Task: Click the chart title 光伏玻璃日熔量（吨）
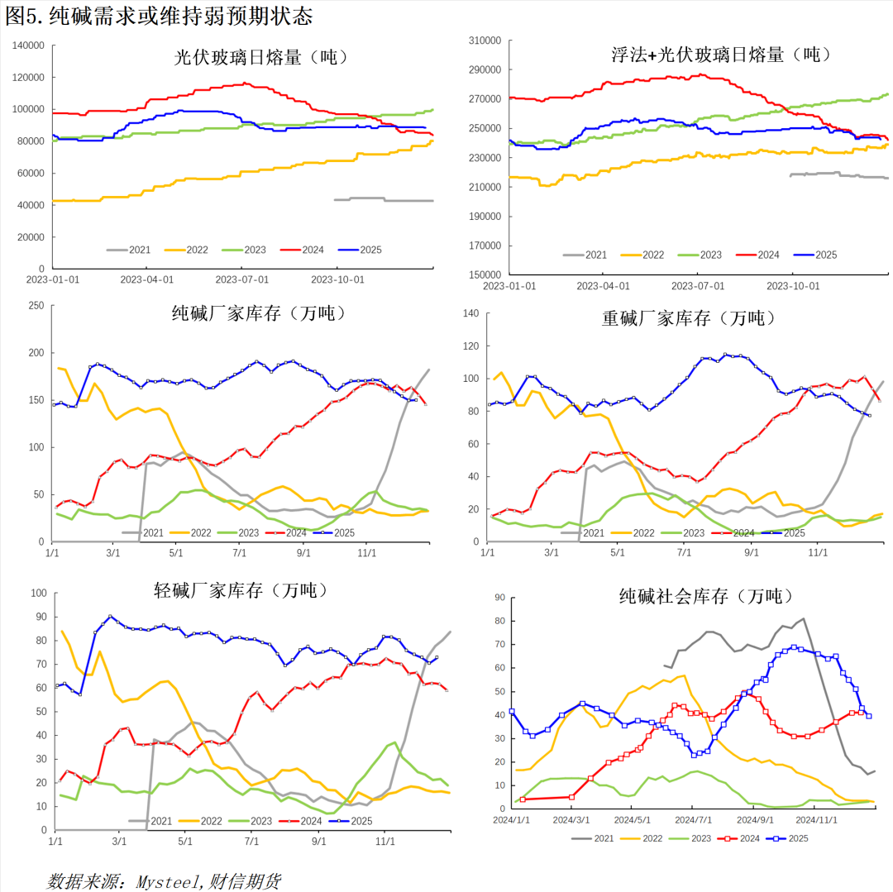260,57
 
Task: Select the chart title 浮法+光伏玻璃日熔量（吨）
719,55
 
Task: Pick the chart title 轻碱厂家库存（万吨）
241,590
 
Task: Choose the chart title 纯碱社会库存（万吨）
706,595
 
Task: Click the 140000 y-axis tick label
28,45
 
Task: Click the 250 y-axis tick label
35,306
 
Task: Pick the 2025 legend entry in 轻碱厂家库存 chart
352,820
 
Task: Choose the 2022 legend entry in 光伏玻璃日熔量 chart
186,249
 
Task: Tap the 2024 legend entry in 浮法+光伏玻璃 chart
758,255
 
